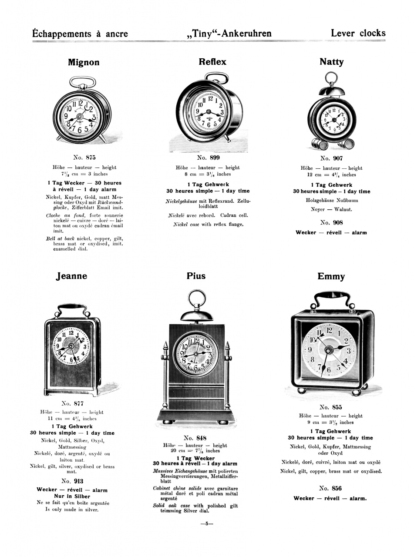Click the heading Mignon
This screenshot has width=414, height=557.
point(84,62)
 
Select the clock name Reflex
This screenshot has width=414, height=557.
point(212,62)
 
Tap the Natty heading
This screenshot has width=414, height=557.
point(332,62)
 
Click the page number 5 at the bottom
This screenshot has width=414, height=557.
point(206,523)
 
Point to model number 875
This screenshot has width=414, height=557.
point(91,158)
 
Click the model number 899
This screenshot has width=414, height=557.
point(215,158)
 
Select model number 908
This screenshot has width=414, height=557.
point(338,222)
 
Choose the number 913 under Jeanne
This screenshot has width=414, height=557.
point(79,481)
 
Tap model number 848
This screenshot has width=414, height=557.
point(202,438)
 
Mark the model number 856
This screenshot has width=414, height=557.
point(337,488)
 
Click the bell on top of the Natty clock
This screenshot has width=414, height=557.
point(332,91)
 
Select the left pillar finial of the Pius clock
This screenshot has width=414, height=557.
point(165,346)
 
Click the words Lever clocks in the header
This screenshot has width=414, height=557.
point(358,33)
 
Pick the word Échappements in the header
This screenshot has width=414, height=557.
point(62,34)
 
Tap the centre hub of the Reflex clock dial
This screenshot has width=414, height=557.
point(209,111)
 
